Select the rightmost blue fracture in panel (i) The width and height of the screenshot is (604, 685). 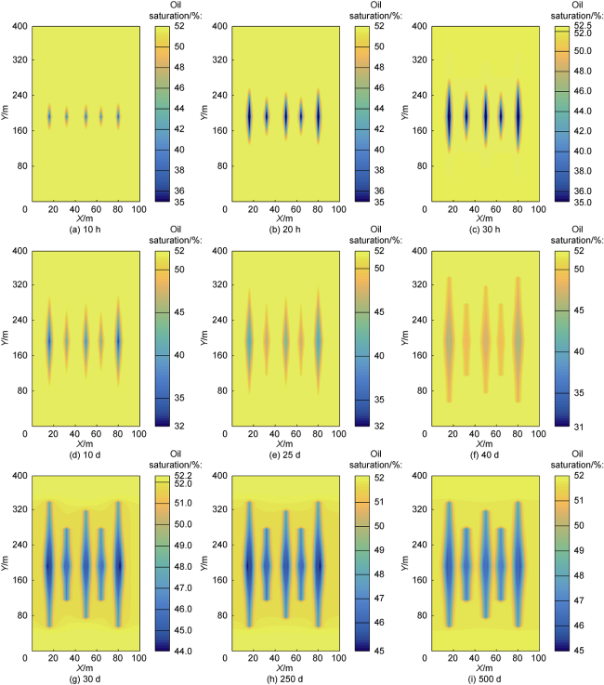[519, 564]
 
